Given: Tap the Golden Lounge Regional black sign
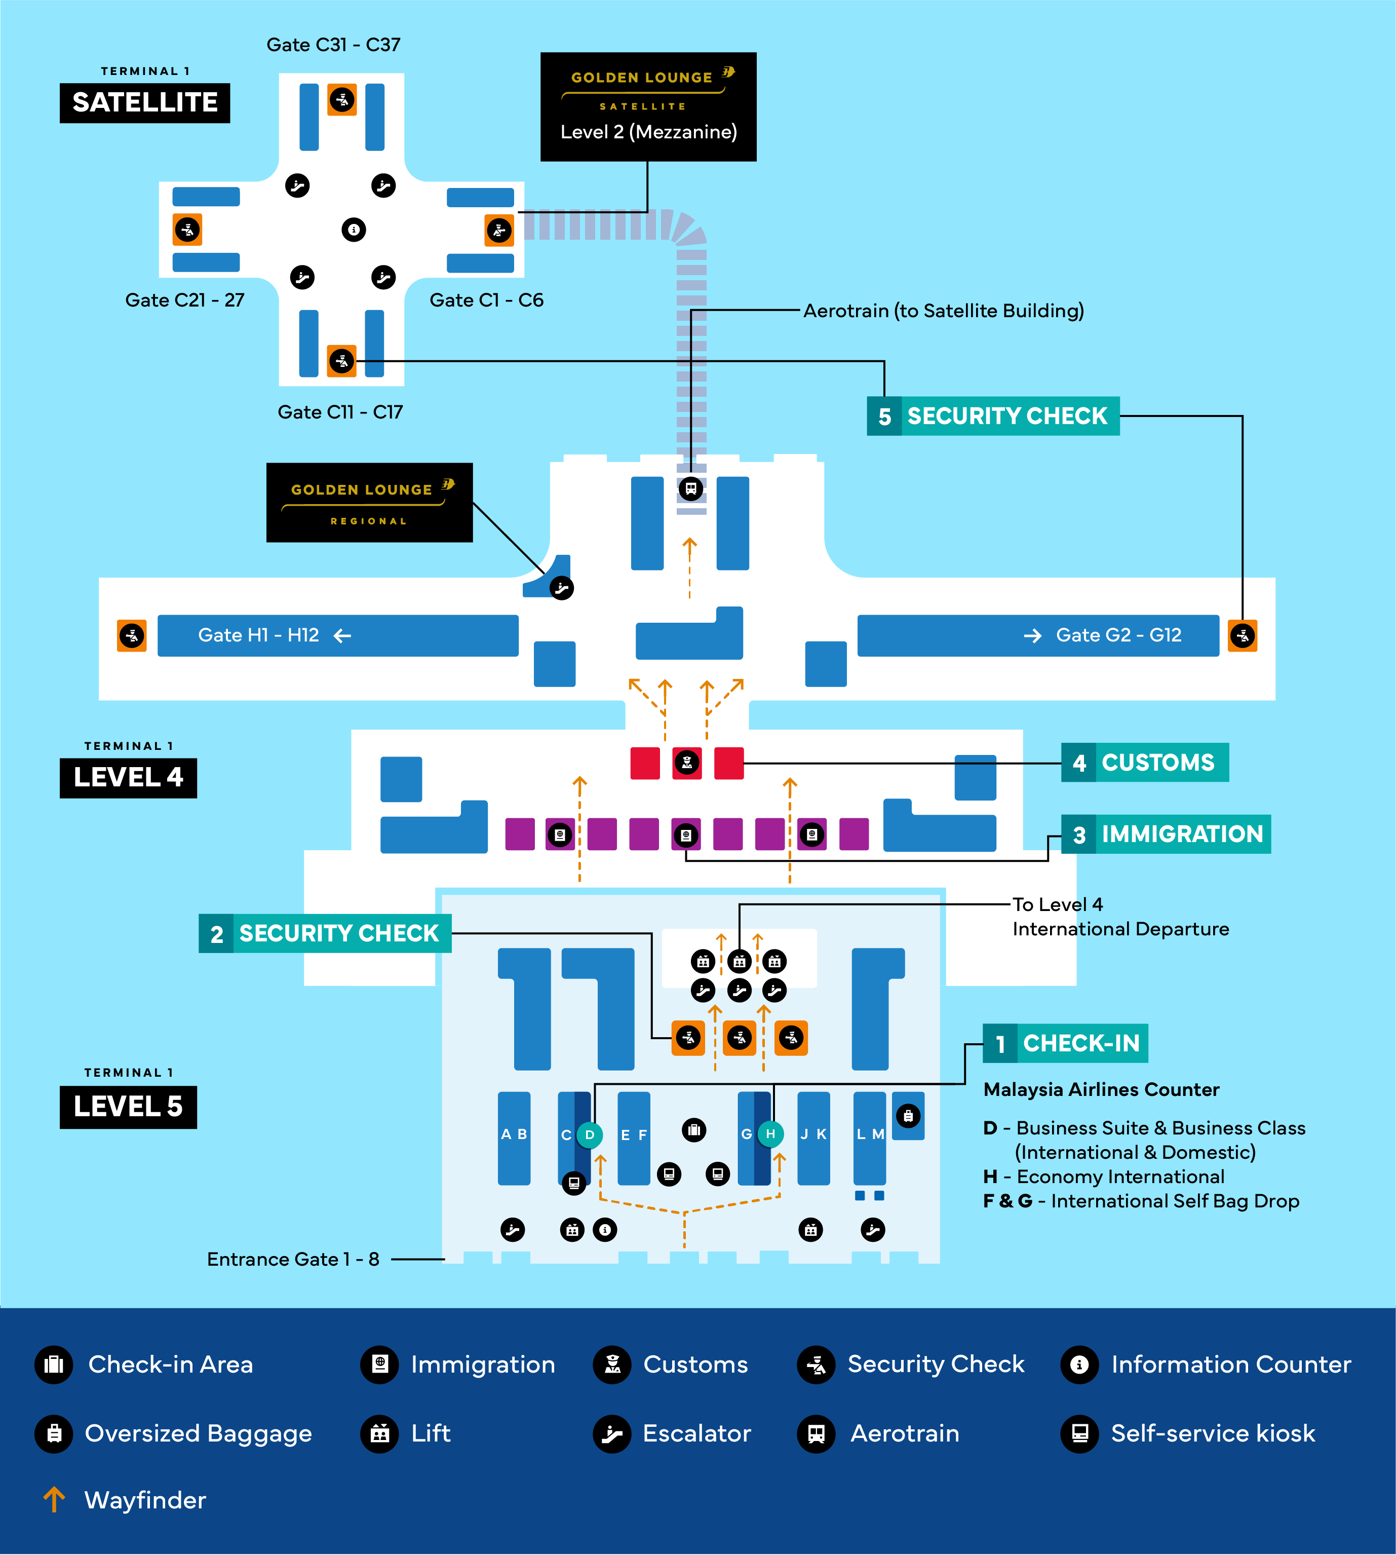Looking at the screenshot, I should click(x=369, y=503).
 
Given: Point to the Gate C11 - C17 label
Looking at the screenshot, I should click(x=340, y=412).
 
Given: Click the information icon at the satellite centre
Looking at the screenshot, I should click(x=354, y=230).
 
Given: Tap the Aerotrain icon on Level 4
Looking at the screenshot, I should click(x=690, y=488).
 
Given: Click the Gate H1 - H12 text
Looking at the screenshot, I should click(x=258, y=635).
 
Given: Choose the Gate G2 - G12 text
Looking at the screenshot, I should click(x=1118, y=635).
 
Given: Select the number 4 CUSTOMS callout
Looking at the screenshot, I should click(x=1144, y=763).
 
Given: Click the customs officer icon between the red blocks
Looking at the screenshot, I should click(x=687, y=763).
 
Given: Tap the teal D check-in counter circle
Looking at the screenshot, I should click(x=589, y=1134).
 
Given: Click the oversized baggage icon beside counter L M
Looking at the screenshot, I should click(x=908, y=1116).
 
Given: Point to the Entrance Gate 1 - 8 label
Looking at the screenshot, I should click(x=293, y=1259).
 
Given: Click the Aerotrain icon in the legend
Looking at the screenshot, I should click(x=816, y=1433).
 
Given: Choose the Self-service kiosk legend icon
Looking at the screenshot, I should click(x=1080, y=1433).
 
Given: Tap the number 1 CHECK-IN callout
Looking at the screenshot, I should click(x=1065, y=1043).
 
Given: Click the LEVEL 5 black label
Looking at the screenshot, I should click(x=128, y=1106).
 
